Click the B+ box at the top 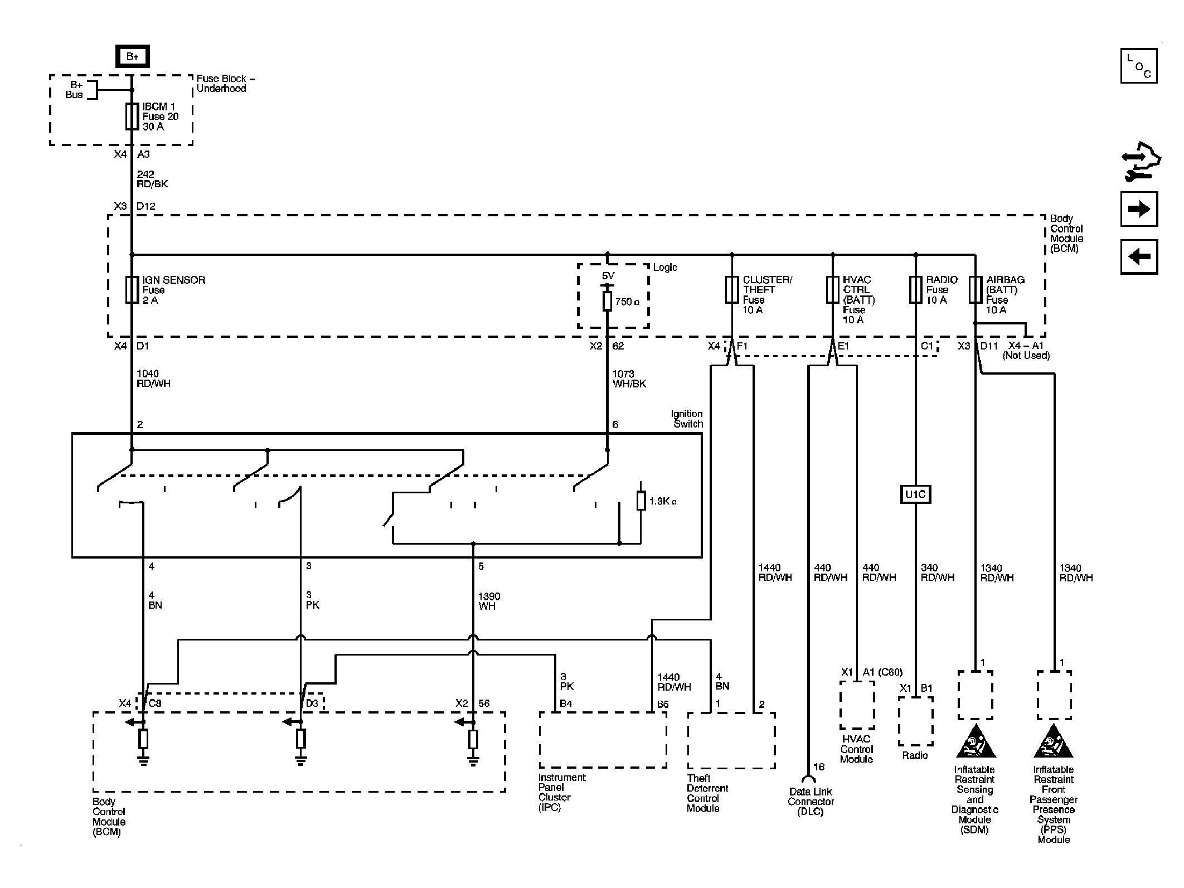(132, 56)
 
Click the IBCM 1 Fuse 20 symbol (132, 116)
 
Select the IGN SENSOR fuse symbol (132, 289)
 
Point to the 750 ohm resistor (608, 301)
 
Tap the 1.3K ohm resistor (641, 501)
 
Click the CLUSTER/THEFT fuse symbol (732, 289)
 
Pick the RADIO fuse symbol (915, 289)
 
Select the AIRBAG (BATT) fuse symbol (975, 289)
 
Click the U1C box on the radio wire (915, 494)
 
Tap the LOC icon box (1139, 66)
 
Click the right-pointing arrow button (1139, 209)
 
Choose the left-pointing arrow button (1139, 257)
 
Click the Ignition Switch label (687, 419)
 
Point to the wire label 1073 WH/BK (629, 379)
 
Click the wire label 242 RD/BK (152, 179)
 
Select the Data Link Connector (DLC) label (811, 802)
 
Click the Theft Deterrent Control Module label (707, 793)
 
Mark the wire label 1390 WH (489, 601)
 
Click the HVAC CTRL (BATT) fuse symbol (832, 289)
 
